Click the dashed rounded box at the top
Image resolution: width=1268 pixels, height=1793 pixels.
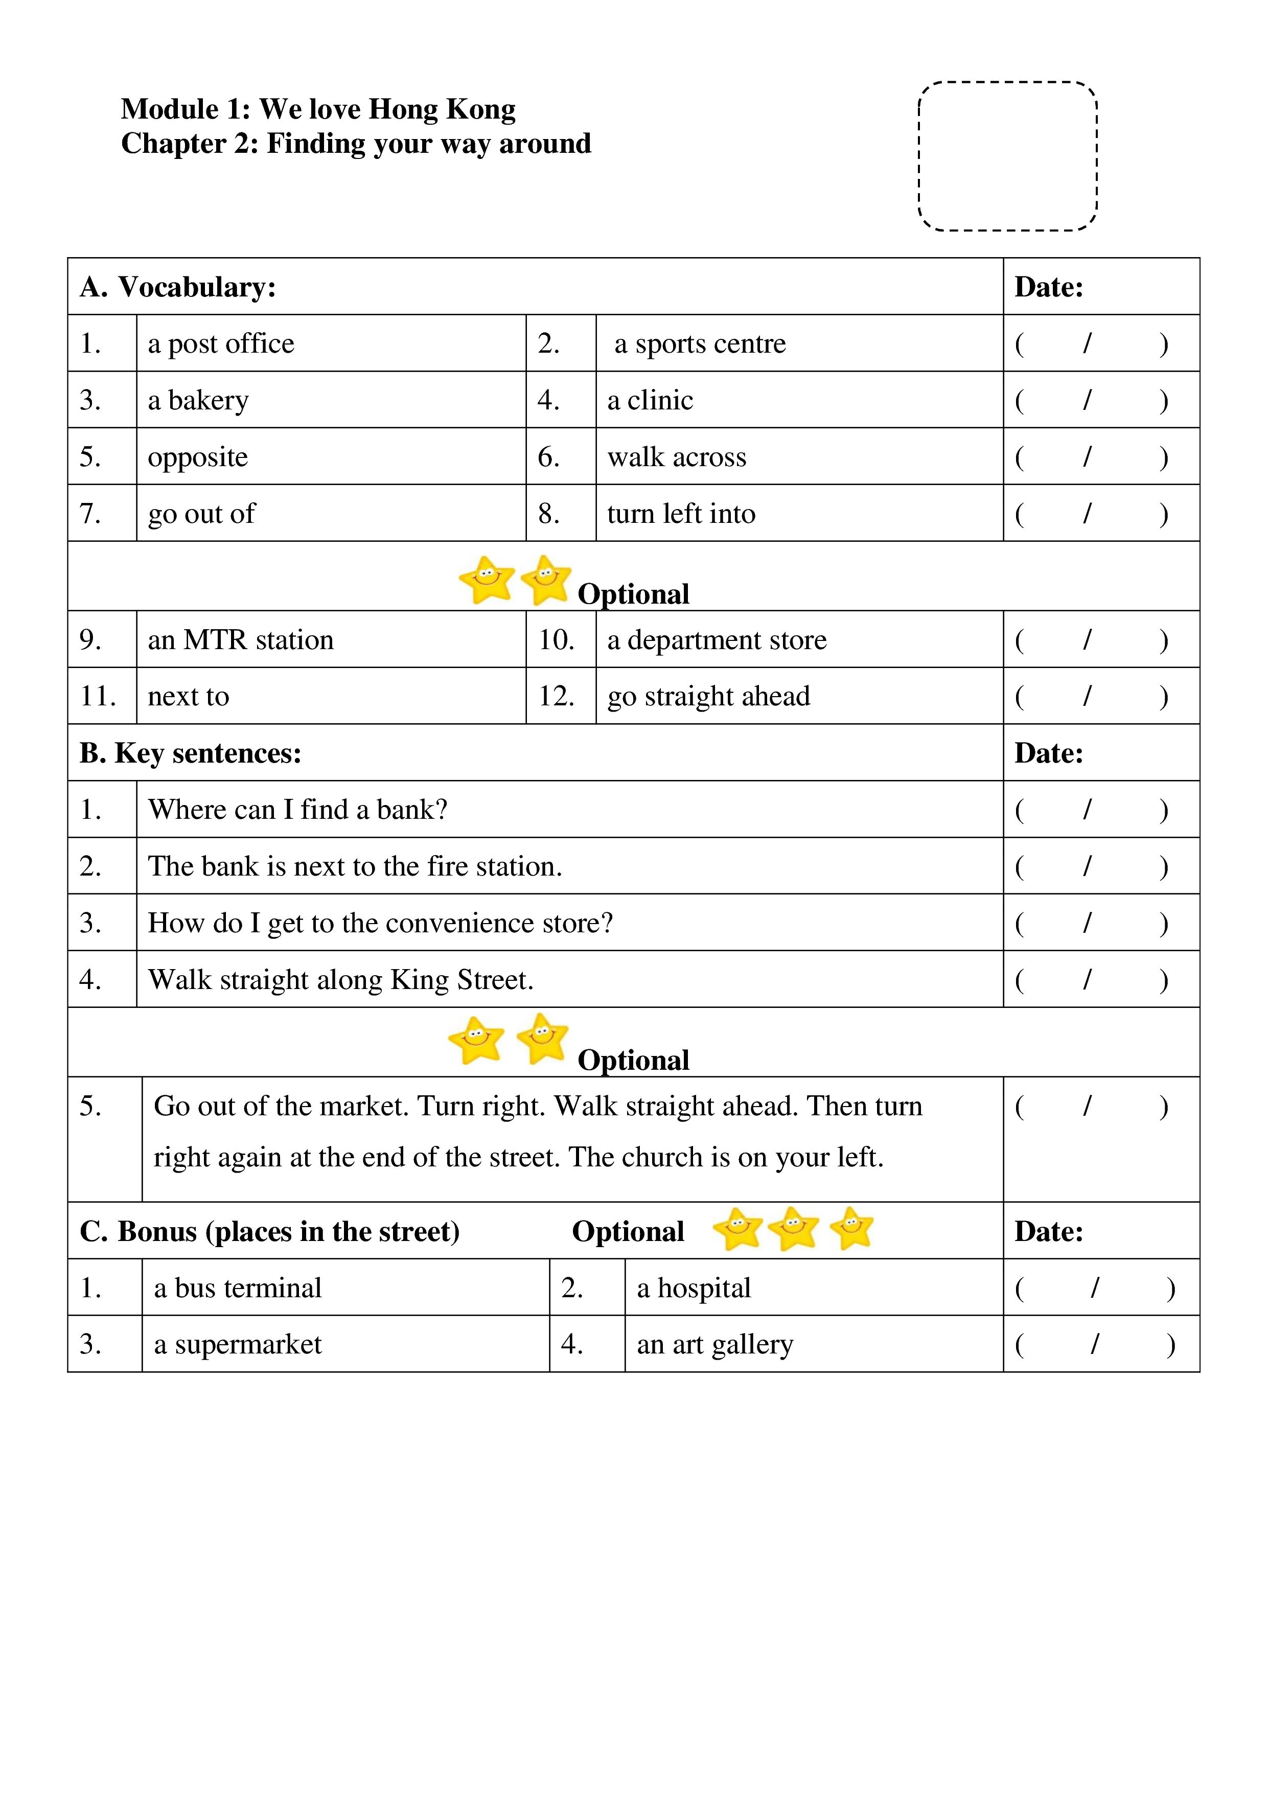[x=1007, y=156]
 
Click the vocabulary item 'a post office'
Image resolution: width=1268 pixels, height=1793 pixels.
[x=221, y=343]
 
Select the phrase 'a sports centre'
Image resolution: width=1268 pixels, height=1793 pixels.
[x=700, y=343]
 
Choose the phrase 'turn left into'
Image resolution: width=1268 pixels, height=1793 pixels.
[x=681, y=514]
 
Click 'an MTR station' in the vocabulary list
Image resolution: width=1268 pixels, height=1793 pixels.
[x=241, y=639]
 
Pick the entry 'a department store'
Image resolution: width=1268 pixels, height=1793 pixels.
[x=717, y=639]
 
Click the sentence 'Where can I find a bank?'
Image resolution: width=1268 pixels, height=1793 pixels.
[x=297, y=810]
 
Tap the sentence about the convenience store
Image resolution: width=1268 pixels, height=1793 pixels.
[x=380, y=923]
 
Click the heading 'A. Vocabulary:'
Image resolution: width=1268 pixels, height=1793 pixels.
[x=178, y=287]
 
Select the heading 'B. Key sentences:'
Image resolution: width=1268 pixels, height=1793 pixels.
[x=191, y=753]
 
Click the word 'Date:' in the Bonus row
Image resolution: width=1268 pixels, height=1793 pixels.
[x=1049, y=1231]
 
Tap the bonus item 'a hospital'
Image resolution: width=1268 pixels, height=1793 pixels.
[x=694, y=1288]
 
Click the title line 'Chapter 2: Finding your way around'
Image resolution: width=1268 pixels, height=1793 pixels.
[x=356, y=144]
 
